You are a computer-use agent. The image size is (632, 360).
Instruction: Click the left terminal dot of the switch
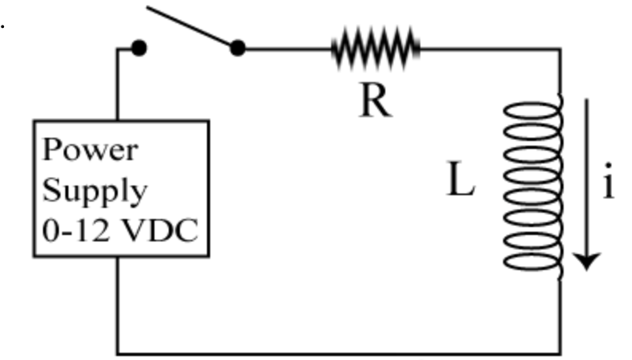[x=138, y=49]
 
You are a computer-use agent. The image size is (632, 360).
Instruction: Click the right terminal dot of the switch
[x=237, y=49]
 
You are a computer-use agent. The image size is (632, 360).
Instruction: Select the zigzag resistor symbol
[x=375, y=48]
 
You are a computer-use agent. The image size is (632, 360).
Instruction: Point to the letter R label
[x=375, y=101]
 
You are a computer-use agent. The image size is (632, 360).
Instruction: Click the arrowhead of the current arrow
[x=587, y=260]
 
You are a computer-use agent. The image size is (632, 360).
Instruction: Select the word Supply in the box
[x=94, y=191]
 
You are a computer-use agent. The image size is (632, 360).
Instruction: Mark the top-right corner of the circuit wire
[x=560, y=49]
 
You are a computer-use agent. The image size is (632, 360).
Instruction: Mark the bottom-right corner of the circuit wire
[x=560, y=353]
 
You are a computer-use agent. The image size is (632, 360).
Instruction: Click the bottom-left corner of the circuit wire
[x=118, y=353]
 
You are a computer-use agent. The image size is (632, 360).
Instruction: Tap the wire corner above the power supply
[x=118, y=49]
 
